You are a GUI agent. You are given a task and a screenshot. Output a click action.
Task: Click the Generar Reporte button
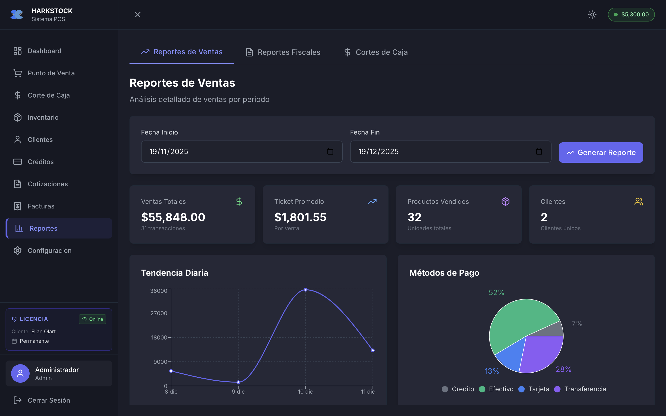[601, 153]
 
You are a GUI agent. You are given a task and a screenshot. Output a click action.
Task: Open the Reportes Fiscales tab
[283, 52]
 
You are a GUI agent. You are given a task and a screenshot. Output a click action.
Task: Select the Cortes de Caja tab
[376, 52]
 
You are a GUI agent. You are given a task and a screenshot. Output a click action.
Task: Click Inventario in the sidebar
[43, 117]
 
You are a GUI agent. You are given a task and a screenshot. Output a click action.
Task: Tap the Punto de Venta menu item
[51, 73]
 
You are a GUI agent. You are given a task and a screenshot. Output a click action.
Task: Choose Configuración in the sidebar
[49, 251]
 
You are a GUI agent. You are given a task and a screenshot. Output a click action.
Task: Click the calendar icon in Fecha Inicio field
[330, 152]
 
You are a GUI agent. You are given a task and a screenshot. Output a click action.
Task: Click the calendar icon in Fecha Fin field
[539, 152]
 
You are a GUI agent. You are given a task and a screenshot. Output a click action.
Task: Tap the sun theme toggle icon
[592, 15]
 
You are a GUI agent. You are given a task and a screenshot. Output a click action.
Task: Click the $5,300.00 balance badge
[631, 15]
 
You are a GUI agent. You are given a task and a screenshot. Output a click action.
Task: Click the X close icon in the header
[138, 15]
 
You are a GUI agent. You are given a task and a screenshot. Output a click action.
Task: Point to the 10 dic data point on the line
[305, 290]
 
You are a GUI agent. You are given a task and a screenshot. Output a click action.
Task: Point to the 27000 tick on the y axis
[159, 313]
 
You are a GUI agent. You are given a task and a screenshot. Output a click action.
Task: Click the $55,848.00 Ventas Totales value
[173, 217]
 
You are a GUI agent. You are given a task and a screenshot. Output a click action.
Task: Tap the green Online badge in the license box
[92, 319]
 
